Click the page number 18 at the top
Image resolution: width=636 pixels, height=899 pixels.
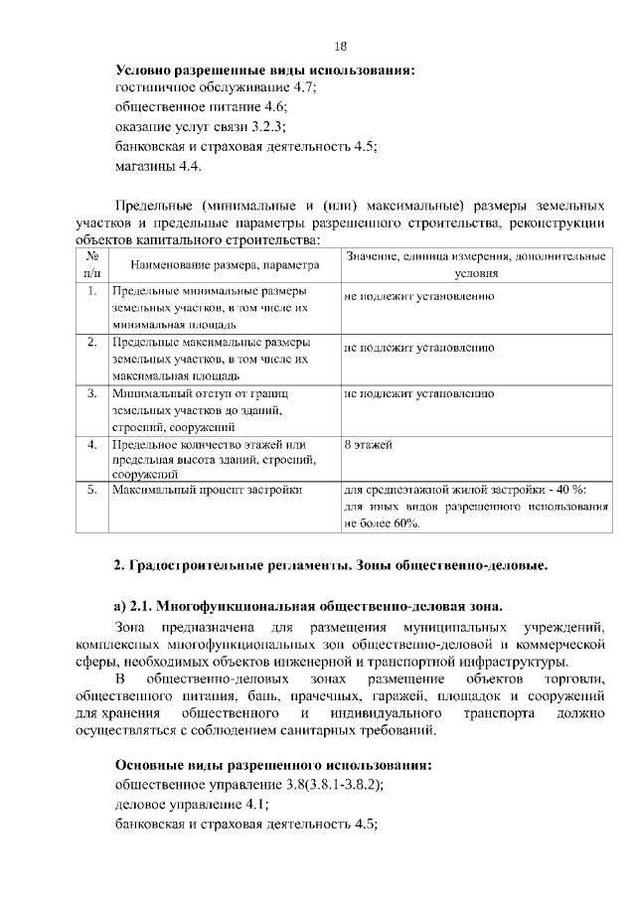click(341, 47)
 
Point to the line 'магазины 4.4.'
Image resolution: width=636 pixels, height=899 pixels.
click(151, 165)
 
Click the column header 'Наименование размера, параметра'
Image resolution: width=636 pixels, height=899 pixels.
click(222, 265)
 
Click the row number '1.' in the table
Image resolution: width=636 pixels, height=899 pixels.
click(90, 293)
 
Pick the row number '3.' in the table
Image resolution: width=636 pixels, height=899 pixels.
click(90, 394)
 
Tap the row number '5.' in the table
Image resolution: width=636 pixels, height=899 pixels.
click(90, 490)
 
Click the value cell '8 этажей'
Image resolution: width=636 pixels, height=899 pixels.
click(369, 444)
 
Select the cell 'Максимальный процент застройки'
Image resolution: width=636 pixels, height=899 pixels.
click(207, 490)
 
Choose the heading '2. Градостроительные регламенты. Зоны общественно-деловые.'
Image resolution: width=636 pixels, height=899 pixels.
click(332, 566)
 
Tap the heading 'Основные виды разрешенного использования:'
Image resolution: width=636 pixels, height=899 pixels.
click(273, 767)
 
